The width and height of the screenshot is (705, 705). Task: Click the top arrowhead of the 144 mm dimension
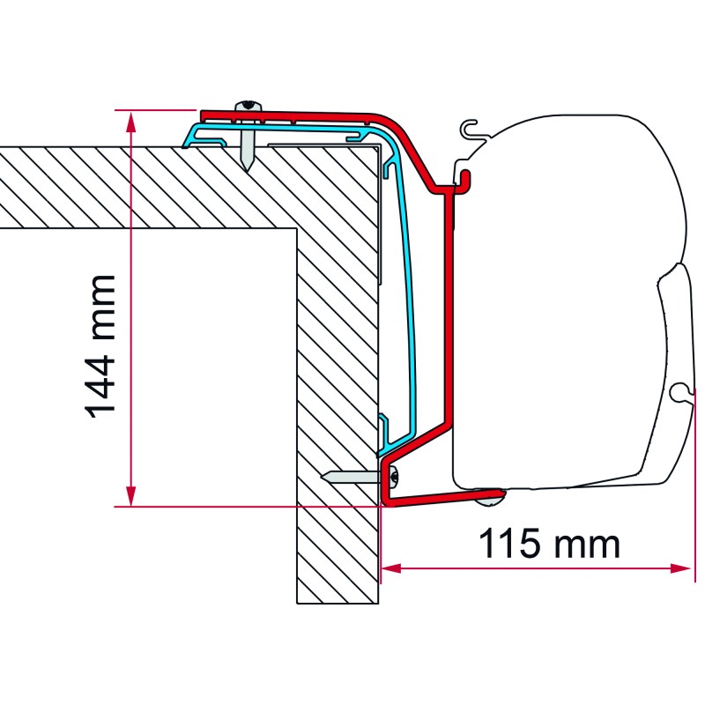click(x=130, y=118)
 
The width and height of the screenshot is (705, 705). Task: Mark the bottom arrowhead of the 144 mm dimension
click(x=130, y=498)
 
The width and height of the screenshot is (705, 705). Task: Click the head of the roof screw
click(x=249, y=107)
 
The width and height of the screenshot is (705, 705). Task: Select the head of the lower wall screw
click(x=393, y=477)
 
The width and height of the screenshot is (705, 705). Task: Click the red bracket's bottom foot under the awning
click(x=441, y=498)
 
